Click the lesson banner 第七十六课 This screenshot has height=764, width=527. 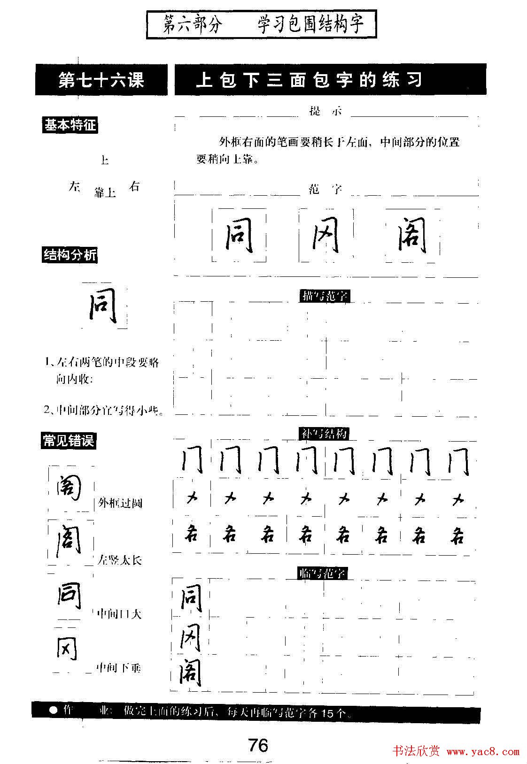(x=101, y=80)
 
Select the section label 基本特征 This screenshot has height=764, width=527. (x=70, y=125)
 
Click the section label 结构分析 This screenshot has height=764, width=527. (x=70, y=255)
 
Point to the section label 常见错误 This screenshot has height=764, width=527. (x=69, y=441)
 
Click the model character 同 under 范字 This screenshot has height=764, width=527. (x=239, y=236)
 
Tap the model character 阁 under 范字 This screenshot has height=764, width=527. (x=412, y=236)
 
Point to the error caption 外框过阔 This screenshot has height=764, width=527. (x=120, y=504)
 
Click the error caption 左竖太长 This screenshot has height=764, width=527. (x=120, y=560)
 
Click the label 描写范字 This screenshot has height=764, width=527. (x=325, y=296)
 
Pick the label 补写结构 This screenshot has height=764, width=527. (x=324, y=434)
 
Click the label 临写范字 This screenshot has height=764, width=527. (x=323, y=573)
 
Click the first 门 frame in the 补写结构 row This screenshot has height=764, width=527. (x=192, y=460)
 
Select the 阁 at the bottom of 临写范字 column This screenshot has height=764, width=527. (x=190, y=674)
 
